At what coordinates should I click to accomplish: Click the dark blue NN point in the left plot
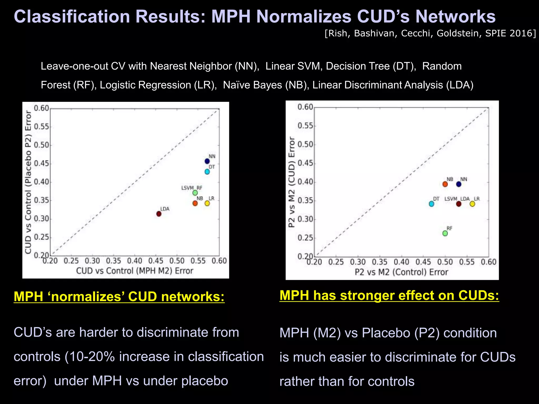[x=207, y=161]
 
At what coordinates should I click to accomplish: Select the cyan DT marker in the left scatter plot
[x=207, y=172]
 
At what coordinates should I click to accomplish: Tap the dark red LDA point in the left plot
[x=159, y=214]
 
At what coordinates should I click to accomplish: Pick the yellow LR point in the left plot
[x=207, y=203]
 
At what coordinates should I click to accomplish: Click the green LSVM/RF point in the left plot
[x=195, y=193]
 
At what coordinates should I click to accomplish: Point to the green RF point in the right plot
[x=445, y=233]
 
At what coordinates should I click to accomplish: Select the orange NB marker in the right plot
[x=445, y=184]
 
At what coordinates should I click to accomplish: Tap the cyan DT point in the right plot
[x=431, y=204]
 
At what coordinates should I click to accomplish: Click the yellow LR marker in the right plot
[x=472, y=204]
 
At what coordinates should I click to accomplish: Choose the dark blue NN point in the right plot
[x=459, y=184]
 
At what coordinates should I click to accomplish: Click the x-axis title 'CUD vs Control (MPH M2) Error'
[x=134, y=271]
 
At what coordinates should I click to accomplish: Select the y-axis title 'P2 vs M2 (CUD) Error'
[x=291, y=182]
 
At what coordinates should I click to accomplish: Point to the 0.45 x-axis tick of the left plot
[x=156, y=261]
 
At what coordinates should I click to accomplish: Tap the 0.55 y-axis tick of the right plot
[x=305, y=126]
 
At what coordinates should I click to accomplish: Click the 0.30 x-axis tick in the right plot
[x=358, y=262]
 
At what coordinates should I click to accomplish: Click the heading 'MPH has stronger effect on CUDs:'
[x=389, y=295]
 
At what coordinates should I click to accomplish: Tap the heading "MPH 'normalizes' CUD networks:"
[x=119, y=296]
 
